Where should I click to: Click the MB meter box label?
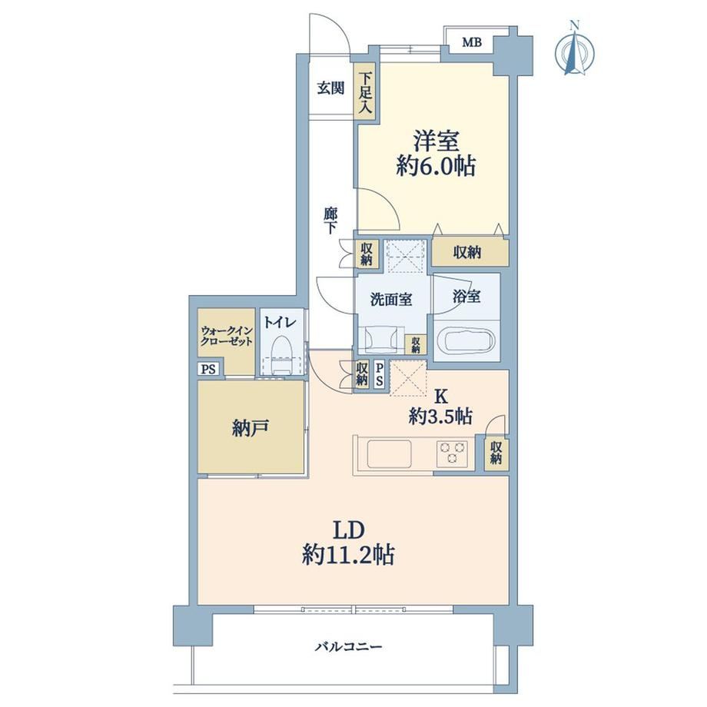click(x=472, y=42)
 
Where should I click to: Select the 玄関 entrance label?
click(x=330, y=88)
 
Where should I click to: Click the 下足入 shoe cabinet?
click(x=366, y=91)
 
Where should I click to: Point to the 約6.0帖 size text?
click(x=436, y=168)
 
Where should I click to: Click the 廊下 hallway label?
click(x=330, y=221)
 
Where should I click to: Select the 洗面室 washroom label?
click(x=391, y=300)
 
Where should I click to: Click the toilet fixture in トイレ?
click(x=281, y=354)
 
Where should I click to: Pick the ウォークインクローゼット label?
click(x=227, y=336)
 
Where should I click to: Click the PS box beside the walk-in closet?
click(x=208, y=370)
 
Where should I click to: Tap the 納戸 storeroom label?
click(x=251, y=427)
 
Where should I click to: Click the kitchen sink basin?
click(x=389, y=453)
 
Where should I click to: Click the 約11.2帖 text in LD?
click(x=348, y=554)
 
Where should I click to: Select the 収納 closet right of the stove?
click(x=496, y=453)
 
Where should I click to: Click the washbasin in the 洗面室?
click(x=382, y=339)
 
